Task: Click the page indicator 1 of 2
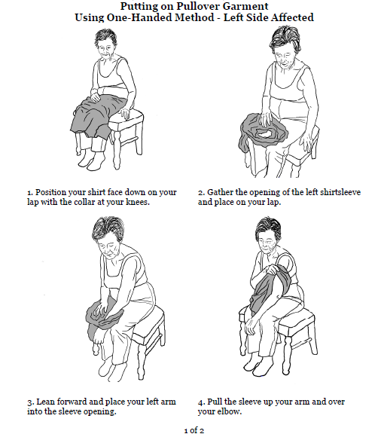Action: pos(193,430)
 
